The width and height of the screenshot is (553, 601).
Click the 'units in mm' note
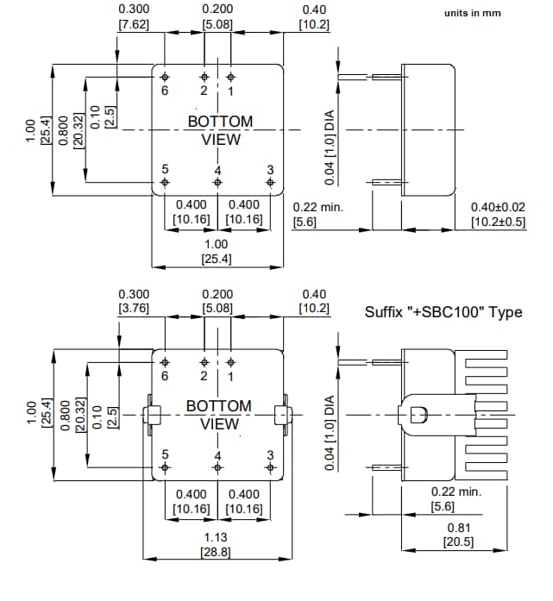pyautogui.click(x=472, y=14)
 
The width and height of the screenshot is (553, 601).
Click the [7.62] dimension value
pyautogui.click(x=134, y=24)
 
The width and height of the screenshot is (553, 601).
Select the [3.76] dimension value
pyautogui.click(x=134, y=309)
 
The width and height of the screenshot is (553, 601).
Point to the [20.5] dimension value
pyautogui.click(x=457, y=542)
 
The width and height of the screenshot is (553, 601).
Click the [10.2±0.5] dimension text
pyautogui.click(x=498, y=222)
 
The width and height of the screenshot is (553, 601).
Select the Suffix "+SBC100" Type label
pyautogui.click(x=443, y=312)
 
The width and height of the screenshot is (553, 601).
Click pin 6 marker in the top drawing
pyautogui.click(x=166, y=76)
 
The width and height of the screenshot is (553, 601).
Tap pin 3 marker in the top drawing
pyautogui.click(x=270, y=183)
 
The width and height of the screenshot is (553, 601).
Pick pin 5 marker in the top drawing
pyautogui.click(x=166, y=183)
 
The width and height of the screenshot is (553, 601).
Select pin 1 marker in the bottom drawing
pyautogui.click(x=230, y=361)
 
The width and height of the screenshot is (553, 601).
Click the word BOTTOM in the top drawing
pyautogui.click(x=220, y=122)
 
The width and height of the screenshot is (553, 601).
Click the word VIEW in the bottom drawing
pyautogui.click(x=220, y=423)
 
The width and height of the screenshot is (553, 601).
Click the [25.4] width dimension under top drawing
pyautogui.click(x=217, y=259)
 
